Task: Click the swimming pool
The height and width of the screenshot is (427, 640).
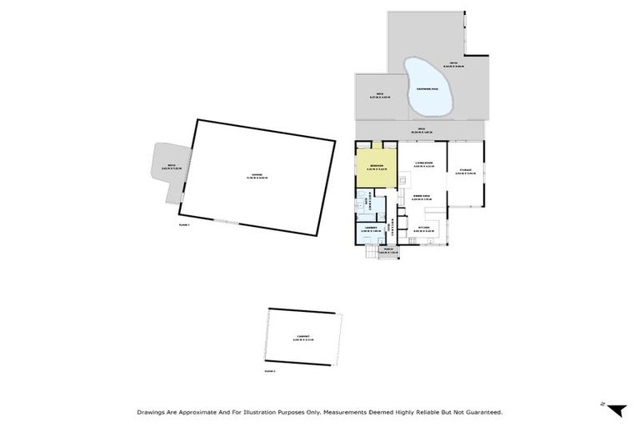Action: (427, 88)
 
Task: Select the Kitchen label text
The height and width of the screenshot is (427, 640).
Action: (423, 227)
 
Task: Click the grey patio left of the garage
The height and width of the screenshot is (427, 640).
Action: (169, 167)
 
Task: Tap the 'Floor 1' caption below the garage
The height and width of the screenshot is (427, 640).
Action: (185, 225)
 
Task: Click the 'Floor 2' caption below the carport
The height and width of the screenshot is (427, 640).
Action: (269, 370)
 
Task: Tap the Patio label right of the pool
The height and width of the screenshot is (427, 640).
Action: (456, 64)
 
